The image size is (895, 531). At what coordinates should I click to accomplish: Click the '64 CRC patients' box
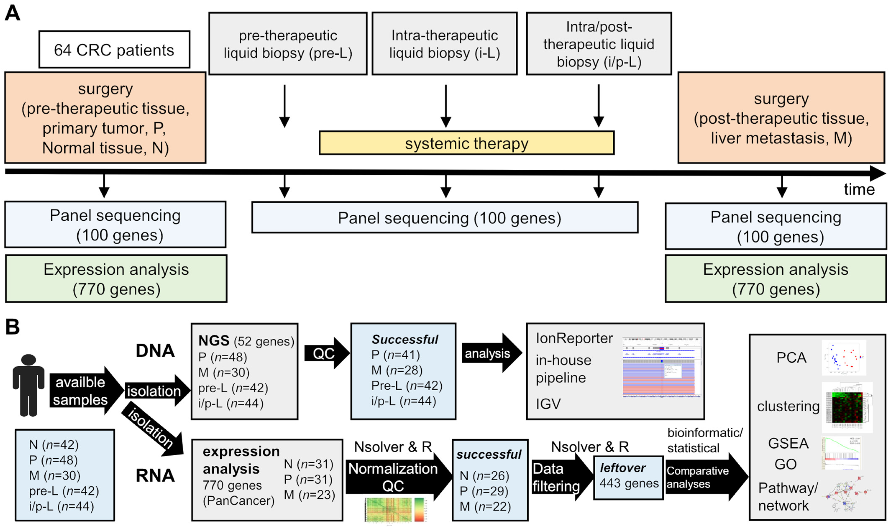point(114,50)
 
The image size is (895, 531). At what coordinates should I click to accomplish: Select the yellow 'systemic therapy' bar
point(467,143)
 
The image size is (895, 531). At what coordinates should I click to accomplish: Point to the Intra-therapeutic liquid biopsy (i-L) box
point(444,44)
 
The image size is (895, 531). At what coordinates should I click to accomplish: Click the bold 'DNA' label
point(155,351)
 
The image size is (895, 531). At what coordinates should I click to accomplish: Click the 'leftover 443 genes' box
point(629,477)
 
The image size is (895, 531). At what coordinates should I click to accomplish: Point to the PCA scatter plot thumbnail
point(844,357)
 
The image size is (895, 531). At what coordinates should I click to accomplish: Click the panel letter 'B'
point(13,327)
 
